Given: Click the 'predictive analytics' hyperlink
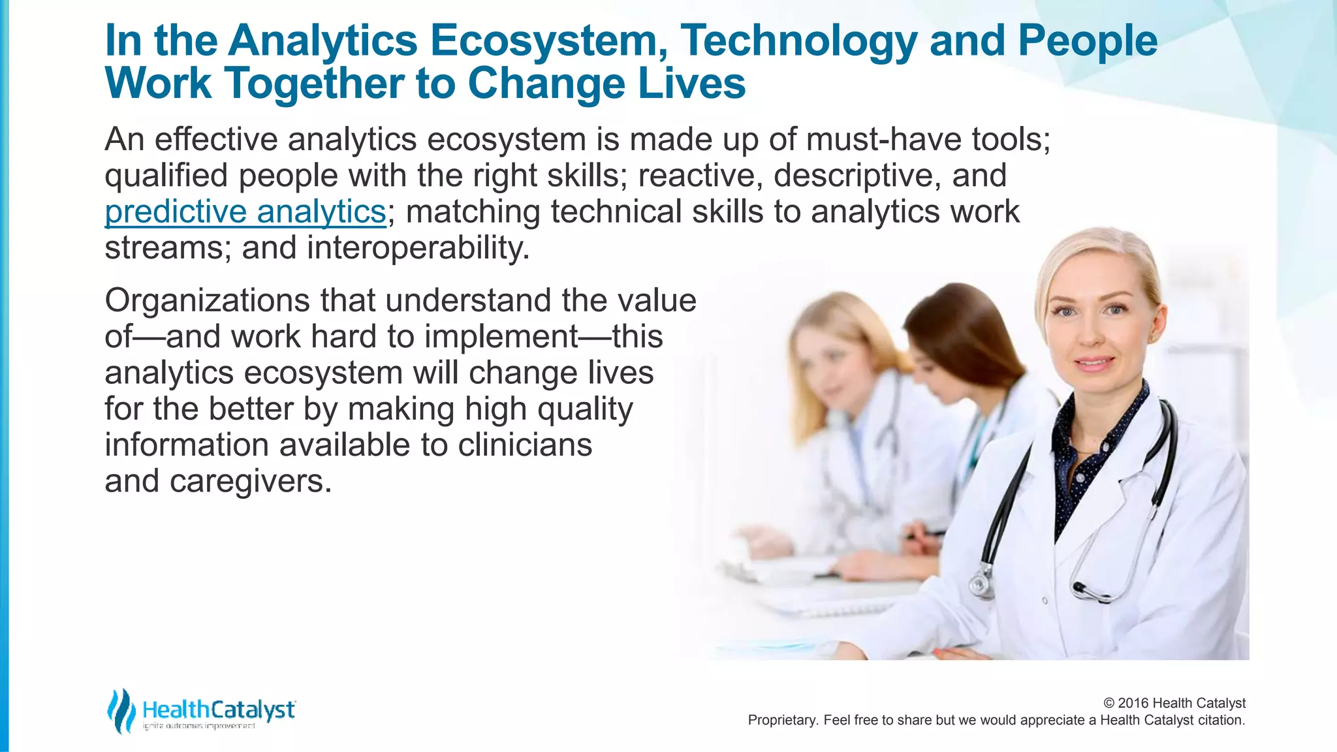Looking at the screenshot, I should [245, 212].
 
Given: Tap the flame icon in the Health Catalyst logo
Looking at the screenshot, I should [121, 710].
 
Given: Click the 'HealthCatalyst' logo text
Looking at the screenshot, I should [218, 709].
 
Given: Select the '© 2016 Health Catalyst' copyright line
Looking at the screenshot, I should [1174, 703].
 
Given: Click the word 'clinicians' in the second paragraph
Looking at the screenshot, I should [525, 446].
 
